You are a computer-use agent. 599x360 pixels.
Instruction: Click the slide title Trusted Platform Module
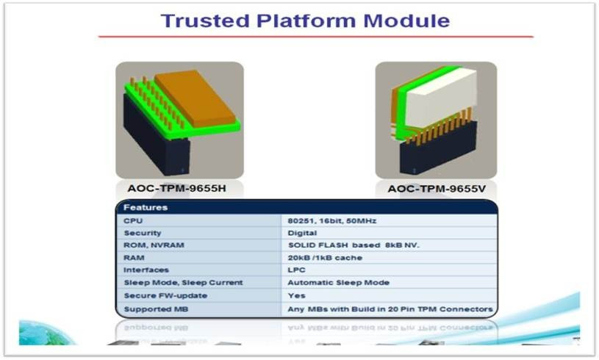tap(305, 20)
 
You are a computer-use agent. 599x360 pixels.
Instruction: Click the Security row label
tap(143, 233)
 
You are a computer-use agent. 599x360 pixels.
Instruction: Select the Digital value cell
tap(301, 233)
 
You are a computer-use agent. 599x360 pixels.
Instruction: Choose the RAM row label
tap(133, 258)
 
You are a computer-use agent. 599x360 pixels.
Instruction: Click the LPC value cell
tap(297, 270)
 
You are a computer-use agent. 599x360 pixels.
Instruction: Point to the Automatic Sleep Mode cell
tap(337, 283)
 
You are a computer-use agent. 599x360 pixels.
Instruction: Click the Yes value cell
tap(296, 295)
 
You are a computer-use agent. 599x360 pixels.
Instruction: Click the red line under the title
tap(315, 37)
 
